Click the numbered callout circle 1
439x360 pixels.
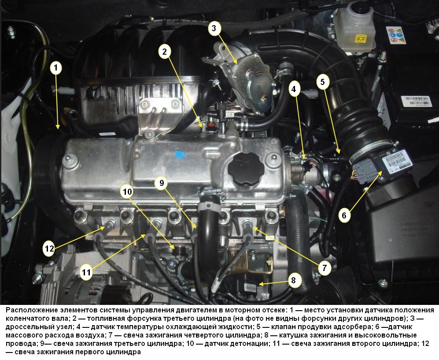click(56, 68)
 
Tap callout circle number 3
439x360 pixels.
click(214, 28)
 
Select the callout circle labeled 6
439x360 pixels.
click(344, 215)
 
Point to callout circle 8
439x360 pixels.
click(293, 280)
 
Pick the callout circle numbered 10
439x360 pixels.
click(127, 192)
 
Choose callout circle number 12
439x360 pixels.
click(49, 249)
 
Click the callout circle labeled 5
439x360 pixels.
click(323, 82)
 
